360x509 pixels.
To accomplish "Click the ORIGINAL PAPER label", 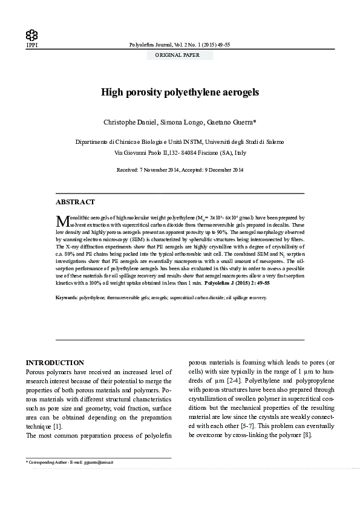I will pos(180,55).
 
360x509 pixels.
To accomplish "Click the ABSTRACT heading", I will pos(75,202).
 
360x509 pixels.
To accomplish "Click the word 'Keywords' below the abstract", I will pos(66,297).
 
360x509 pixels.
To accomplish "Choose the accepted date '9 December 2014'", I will pos(221,170).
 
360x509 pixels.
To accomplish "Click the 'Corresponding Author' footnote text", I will pos(52,462).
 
